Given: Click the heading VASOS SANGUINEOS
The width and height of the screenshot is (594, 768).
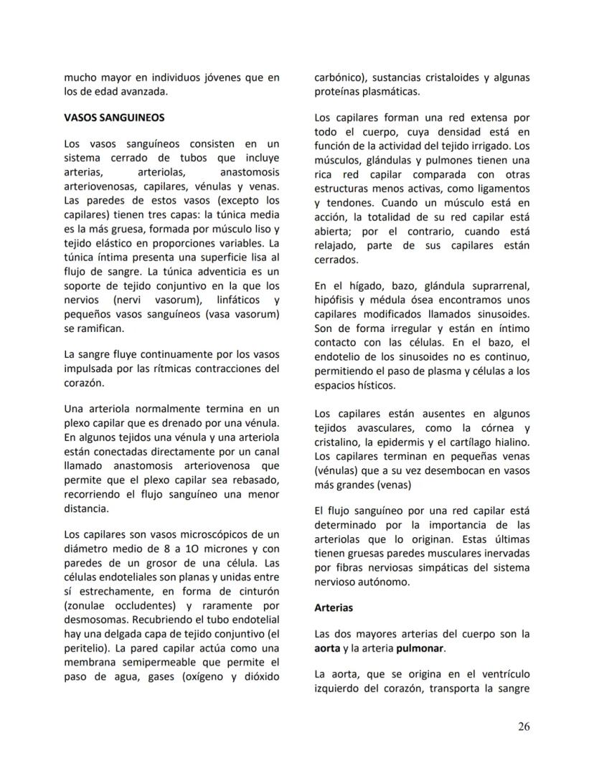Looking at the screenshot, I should [x=114, y=117].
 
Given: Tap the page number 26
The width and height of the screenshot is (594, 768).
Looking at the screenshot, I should [x=524, y=726].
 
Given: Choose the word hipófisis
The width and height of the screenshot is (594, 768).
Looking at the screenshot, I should [x=337, y=300].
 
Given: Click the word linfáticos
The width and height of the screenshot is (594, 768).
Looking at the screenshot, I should [x=214, y=300].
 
